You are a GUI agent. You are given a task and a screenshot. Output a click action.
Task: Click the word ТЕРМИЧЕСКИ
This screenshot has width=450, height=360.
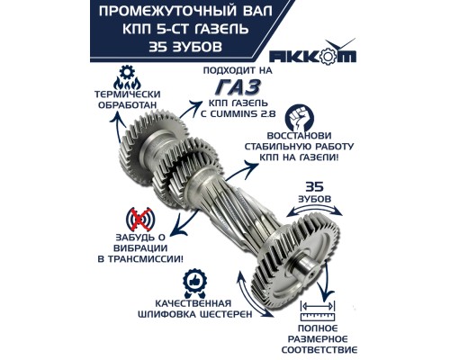120,94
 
